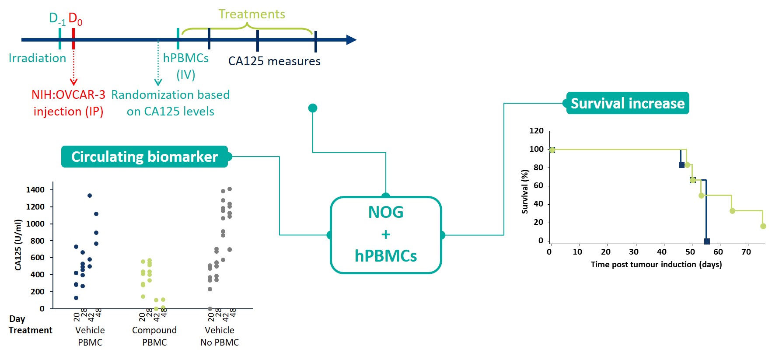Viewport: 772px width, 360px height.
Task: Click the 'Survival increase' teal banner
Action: (x=627, y=103)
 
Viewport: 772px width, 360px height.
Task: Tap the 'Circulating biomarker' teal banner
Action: (x=144, y=157)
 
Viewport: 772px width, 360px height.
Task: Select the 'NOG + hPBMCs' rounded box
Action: (x=385, y=234)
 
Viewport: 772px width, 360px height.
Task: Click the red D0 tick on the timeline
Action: (x=73, y=38)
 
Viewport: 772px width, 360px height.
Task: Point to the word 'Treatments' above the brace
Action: (x=252, y=14)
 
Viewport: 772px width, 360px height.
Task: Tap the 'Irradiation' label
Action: (x=37, y=58)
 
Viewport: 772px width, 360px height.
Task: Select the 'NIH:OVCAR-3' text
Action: (x=68, y=95)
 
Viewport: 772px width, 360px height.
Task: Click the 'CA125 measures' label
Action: (x=274, y=61)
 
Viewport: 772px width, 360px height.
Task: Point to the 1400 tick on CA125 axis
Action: (x=35, y=190)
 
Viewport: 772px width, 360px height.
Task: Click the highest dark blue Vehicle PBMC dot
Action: (x=90, y=196)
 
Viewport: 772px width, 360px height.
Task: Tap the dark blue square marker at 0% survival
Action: (x=707, y=241)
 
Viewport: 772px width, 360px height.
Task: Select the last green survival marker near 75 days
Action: (x=763, y=226)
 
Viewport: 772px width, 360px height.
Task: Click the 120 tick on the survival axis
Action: (x=536, y=131)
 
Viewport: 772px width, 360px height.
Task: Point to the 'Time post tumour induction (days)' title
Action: (x=656, y=264)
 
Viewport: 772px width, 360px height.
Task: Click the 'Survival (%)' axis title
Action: (x=525, y=192)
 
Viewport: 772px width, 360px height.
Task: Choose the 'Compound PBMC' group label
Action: (x=154, y=336)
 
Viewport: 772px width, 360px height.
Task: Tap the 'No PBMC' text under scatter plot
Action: (x=220, y=343)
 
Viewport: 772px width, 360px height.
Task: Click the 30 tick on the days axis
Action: (x=633, y=252)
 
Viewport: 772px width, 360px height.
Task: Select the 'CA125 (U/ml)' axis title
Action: (x=18, y=245)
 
